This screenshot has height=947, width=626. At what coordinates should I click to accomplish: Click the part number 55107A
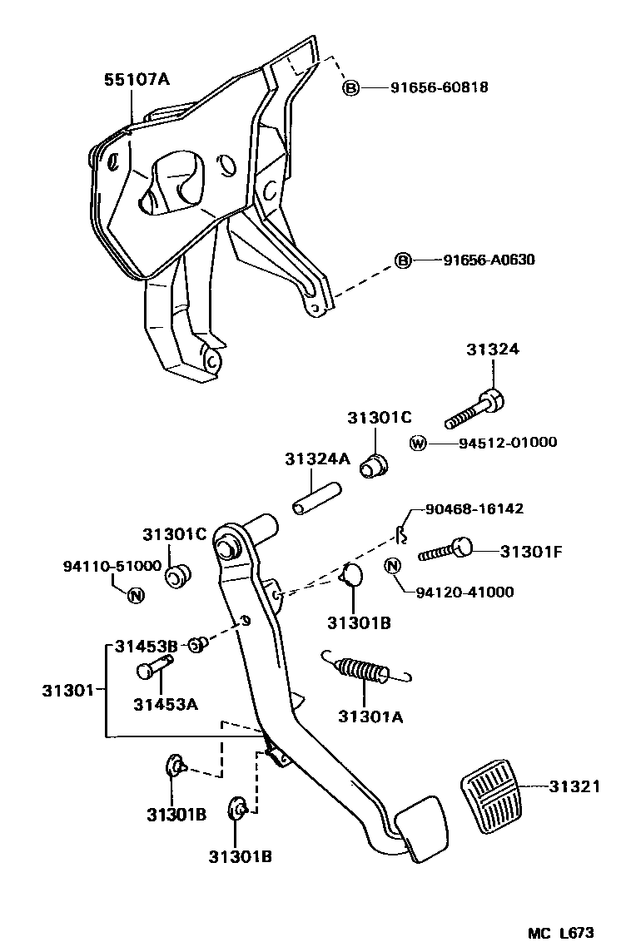(137, 80)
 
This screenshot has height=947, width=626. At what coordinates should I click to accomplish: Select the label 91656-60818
(439, 87)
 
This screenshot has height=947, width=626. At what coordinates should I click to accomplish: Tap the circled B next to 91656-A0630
(402, 260)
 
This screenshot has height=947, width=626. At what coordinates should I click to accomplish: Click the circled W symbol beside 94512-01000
(418, 443)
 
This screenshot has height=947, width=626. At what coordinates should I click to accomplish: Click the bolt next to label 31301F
(445, 550)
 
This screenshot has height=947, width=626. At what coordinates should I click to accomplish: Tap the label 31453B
(147, 645)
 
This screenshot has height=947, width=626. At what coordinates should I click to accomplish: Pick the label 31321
(574, 786)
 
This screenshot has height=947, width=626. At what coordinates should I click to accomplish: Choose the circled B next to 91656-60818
(351, 87)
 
